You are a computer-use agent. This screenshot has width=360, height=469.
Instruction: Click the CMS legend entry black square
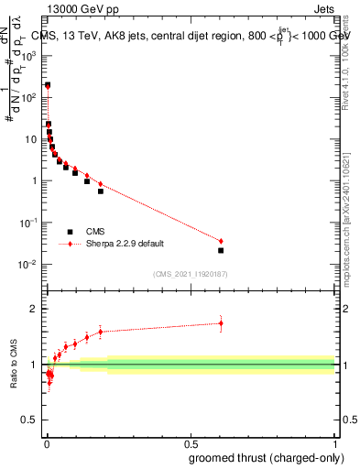(x=70, y=232)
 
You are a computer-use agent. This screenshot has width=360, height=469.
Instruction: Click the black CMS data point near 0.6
(x=221, y=250)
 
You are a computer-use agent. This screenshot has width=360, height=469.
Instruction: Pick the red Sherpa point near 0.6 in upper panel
(x=221, y=241)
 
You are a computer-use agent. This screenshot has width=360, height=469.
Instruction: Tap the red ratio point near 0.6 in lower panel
(x=221, y=322)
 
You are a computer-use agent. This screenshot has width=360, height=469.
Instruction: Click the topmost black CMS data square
(x=48, y=85)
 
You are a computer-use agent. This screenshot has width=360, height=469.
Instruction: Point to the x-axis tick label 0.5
(x=190, y=443)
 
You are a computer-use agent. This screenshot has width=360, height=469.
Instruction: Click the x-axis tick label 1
(x=334, y=443)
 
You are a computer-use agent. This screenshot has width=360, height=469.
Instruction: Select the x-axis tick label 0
(x=46, y=443)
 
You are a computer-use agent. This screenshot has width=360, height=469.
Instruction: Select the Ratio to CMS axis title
(x=14, y=365)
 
